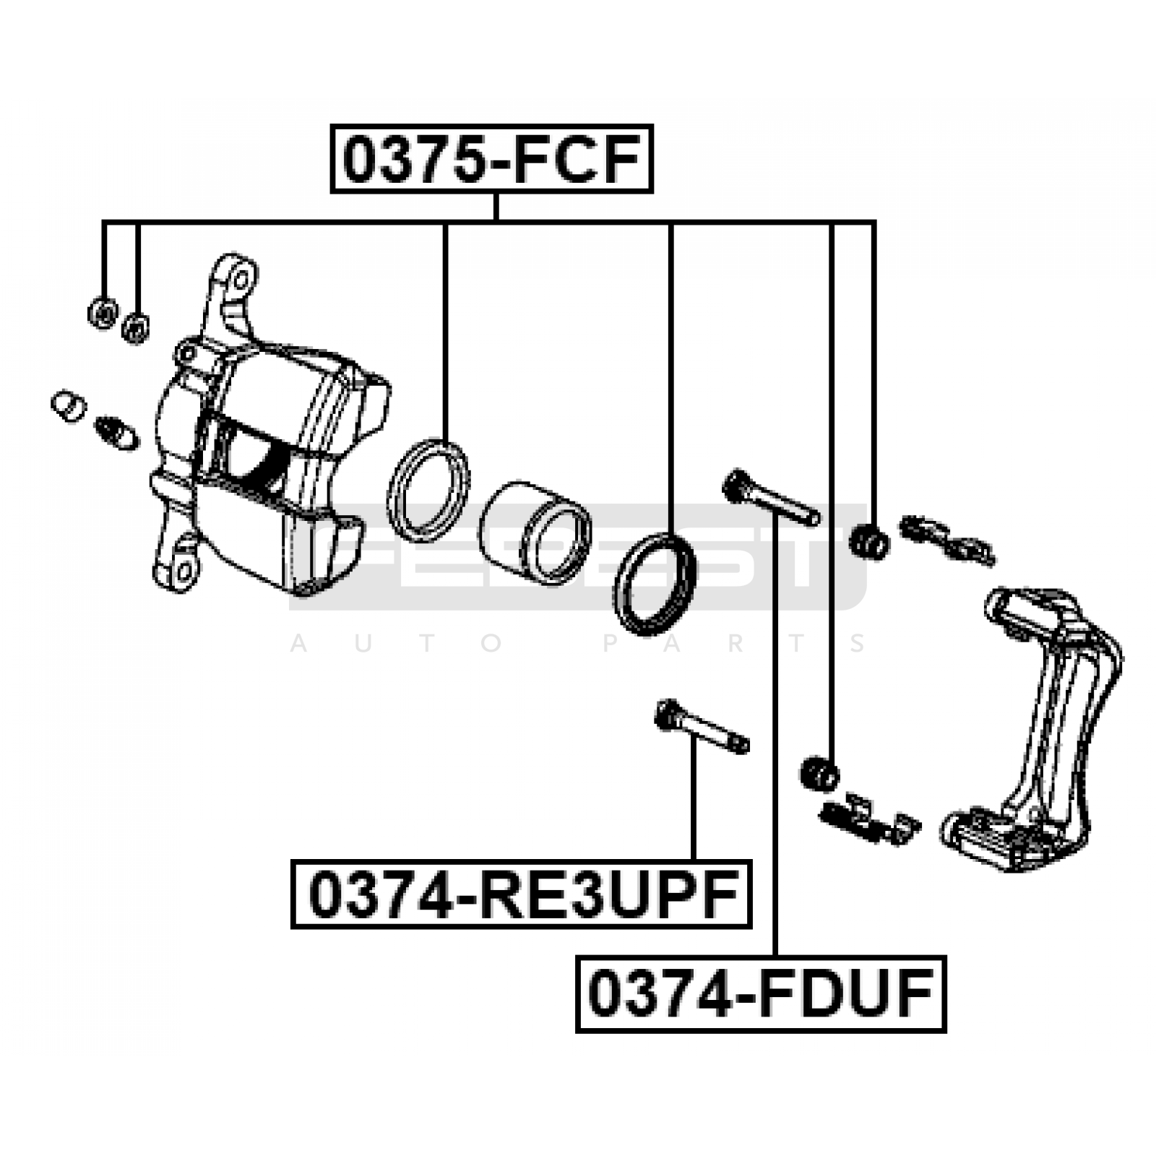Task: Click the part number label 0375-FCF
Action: (492, 159)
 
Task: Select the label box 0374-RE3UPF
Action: (521, 894)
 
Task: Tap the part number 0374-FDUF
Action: (761, 993)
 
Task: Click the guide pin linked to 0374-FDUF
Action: (771, 498)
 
